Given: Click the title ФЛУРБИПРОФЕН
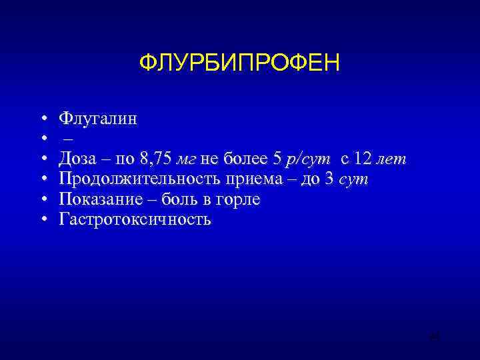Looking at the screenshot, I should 239,64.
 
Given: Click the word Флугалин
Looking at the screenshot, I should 98,119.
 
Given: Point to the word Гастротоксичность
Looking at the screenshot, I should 135,219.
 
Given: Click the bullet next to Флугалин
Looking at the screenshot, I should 43,119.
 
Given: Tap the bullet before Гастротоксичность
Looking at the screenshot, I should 43,219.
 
